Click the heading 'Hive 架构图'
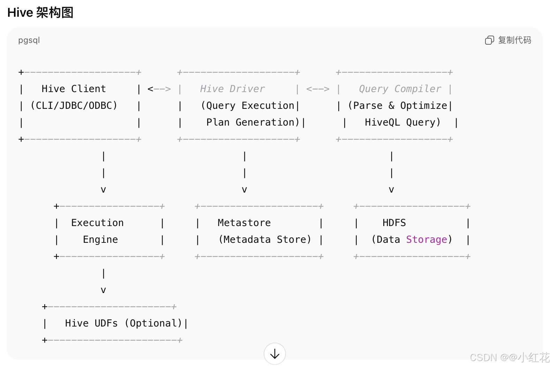click(x=40, y=13)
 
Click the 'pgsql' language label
click(x=29, y=40)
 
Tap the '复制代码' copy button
click(x=508, y=40)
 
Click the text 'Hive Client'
click(x=74, y=89)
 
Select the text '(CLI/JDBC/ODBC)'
click(x=74, y=106)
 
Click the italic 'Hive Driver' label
click(x=232, y=89)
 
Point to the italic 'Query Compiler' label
click(x=400, y=89)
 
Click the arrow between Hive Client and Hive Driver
click(x=159, y=89)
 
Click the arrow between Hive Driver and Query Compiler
click(x=318, y=89)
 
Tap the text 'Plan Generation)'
click(x=253, y=122)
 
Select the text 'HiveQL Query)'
click(x=403, y=122)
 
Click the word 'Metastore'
click(x=244, y=223)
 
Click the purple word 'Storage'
click(x=427, y=240)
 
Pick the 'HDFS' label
click(x=394, y=223)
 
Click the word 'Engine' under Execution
click(x=100, y=240)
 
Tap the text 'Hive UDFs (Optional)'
click(x=123, y=323)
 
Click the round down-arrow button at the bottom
click(x=275, y=354)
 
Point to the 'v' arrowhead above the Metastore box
click(x=244, y=190)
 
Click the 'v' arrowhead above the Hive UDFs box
click(x=103, y=290)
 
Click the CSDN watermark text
click(x=509, y=358)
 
